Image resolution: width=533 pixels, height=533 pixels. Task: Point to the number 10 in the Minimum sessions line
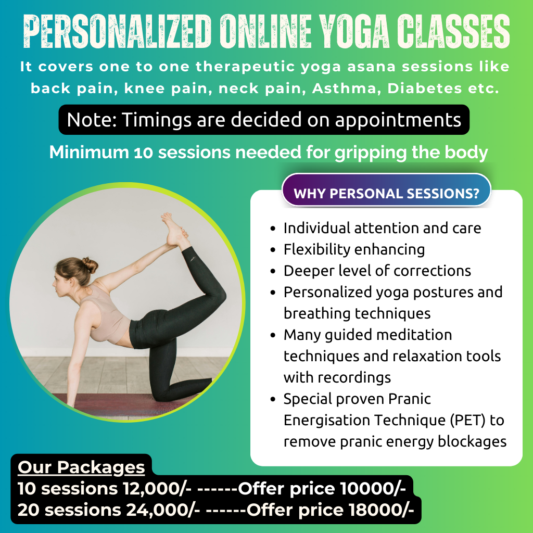(x=144, y=153)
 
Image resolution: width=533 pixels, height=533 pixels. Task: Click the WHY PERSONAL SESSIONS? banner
(x=386, y=194)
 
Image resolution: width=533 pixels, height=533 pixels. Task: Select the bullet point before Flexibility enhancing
(x=274, y=250)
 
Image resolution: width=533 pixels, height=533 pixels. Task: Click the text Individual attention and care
(x=382, y=228)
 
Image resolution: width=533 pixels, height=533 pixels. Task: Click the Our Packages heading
(x=81, y=467)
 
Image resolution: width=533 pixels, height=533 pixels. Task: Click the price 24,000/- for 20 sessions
(x=162, y=510)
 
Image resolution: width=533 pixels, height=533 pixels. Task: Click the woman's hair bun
(x=90, y=265)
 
